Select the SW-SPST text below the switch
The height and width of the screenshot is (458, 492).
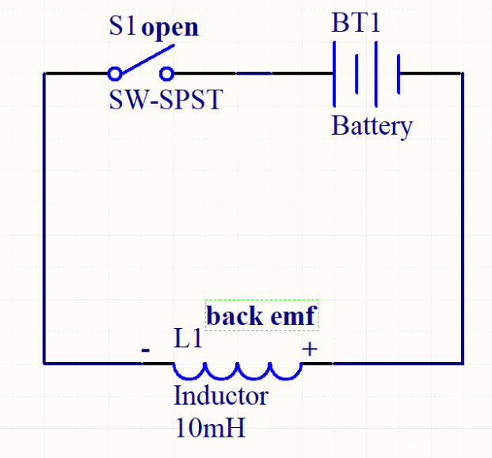coord(166,101)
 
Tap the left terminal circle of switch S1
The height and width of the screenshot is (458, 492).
coord(115,74)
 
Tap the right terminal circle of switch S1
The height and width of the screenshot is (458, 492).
coord(166,74)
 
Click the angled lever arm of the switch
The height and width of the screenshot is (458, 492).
coord(147,59)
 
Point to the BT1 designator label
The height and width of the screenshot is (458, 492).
coord(356,23)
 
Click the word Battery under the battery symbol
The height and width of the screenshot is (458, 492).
coord(372,126)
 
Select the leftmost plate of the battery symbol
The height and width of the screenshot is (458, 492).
coord(336,74)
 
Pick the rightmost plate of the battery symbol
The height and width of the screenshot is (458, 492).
coord(398,74)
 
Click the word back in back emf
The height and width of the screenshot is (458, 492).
coord(235,316)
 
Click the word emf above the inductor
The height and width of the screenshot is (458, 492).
coord(294,316)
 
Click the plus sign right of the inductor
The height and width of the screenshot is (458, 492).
coord(310,348)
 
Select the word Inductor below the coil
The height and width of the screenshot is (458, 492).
coord(220,395)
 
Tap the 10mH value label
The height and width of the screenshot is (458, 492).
coord(209,428)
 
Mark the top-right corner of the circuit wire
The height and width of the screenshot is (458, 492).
coord(462,74)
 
